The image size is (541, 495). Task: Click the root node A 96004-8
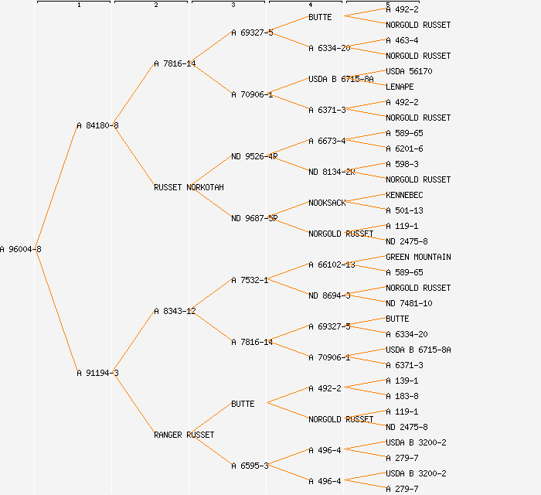(x=21, y=249)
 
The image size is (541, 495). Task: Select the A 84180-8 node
(x=97, y=125)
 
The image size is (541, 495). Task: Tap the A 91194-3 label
(x=97, y=373)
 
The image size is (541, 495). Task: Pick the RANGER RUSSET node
(x=184, y=435)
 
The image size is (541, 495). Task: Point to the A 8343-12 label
(x=175, y=311)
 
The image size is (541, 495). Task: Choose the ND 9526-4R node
(x=254, y=156)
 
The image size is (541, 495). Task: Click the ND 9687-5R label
(x=254, y=218)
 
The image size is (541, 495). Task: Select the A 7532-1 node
(x=250, y=280)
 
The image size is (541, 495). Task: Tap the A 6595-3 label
(x=250, y=466)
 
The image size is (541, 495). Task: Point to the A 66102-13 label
(x=332, y=265)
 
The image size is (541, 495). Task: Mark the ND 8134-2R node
(x=332, y=172)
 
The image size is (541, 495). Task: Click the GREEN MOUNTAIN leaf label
(x=418, y=257)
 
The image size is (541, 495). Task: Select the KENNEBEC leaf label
(x=404, y=195)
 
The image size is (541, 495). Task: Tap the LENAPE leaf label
(x=400, y=87)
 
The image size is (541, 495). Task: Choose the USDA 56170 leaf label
(x=409, y=71)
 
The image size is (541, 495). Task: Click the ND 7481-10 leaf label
(x=409, y=303)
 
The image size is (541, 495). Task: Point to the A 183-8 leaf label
(x=402, y=396)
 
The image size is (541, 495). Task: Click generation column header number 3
(x=233, y=5)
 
